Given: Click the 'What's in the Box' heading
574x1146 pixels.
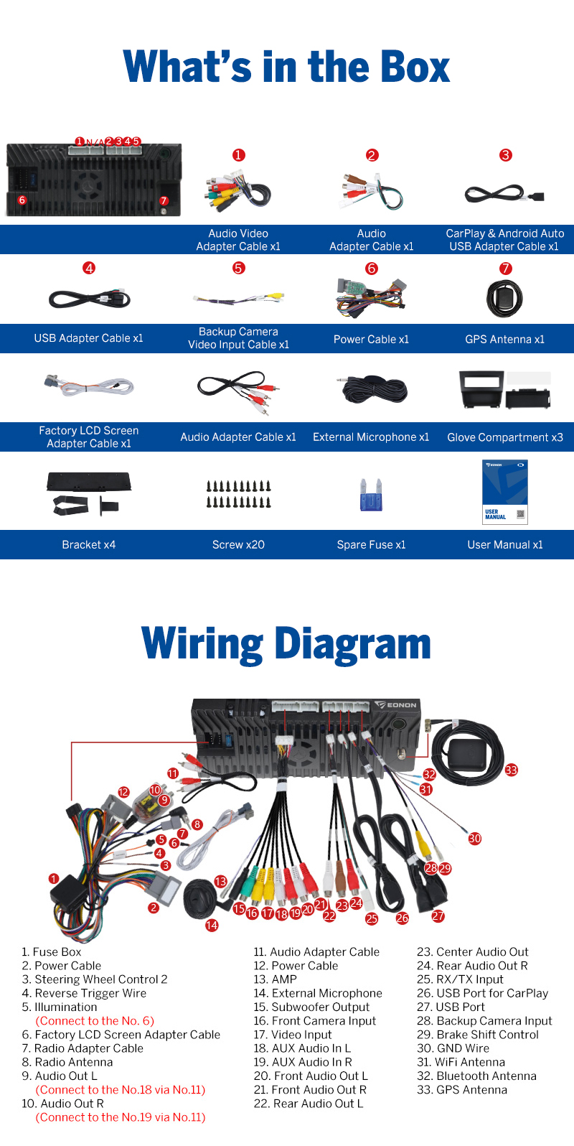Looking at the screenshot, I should click(x=286, y=67).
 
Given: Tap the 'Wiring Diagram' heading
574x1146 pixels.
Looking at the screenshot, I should click(x=286, y=643).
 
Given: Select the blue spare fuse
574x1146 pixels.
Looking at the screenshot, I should click(x=371, y=495).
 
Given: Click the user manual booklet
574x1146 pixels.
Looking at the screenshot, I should click(x=505, y=492).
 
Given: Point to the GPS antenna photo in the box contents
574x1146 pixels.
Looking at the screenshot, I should click(x=505, y=298).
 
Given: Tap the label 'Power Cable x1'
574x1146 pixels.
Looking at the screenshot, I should click(x=371, y=339).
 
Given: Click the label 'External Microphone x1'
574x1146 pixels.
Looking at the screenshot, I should click(x=371, y=437).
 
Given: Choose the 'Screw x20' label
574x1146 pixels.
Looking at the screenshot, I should click(x=238, y=545).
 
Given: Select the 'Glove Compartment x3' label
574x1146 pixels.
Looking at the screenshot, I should click(x=505, y=437).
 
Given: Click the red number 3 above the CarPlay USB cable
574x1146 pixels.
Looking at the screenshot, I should click(x=506, y=155).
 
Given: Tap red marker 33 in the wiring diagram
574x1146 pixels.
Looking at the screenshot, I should click(x=511, y=770).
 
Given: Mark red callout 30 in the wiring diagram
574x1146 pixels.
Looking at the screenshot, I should click(x=475, y=838).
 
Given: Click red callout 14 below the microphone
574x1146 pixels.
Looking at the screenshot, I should click(x=212, y=926).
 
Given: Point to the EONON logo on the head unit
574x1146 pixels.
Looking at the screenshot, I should click(x=397, y=705).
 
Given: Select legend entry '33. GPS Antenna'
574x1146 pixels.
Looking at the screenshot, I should click(x=462, y=1090).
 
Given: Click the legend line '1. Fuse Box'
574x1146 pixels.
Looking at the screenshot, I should click(x=52, y=952).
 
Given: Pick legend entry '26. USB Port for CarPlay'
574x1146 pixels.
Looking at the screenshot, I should click(x=482, y=994).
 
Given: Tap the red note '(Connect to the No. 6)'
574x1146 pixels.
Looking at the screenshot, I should click(x=95, y=1021).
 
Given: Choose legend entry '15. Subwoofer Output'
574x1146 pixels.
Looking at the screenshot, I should click(x=311, y=1007).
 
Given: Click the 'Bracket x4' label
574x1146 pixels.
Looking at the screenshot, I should click(x=89, y=545).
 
